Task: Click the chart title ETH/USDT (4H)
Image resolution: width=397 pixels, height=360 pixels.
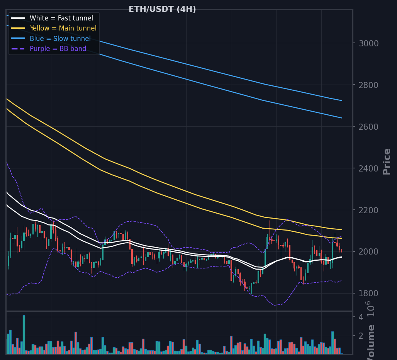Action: click(x=162, y=9)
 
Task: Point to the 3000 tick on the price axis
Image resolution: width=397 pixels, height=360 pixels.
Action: click(x=369, y=44)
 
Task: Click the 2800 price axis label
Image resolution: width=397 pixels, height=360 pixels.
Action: click(x=369, y=85)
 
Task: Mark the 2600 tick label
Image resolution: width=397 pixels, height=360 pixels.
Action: click(x=369, y=127)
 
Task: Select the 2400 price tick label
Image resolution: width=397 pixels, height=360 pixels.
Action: click(x=369, y=168)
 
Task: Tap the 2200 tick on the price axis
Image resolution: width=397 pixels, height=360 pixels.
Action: click(x=369, y=210)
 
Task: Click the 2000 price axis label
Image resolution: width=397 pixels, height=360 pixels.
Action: click(x=369, y=251)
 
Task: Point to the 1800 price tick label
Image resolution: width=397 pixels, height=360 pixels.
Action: click(x=369, y=294)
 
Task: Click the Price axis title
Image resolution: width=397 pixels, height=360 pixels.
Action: click(x=387, y=161)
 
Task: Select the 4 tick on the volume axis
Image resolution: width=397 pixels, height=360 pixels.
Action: click(x=361, y=317)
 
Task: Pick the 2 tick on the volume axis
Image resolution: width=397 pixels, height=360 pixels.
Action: click(x=361, y=336)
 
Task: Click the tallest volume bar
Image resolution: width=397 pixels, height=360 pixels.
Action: click(x=24, y=335)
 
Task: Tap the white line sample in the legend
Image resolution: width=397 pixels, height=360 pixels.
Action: click(x=18, y=18)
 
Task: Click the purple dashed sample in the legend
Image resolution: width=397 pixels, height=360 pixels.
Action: click(x=18, y=49)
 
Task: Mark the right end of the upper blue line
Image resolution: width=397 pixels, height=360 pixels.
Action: click(x=342, y=100)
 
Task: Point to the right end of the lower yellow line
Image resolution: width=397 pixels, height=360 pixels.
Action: click(x=342, y=238)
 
